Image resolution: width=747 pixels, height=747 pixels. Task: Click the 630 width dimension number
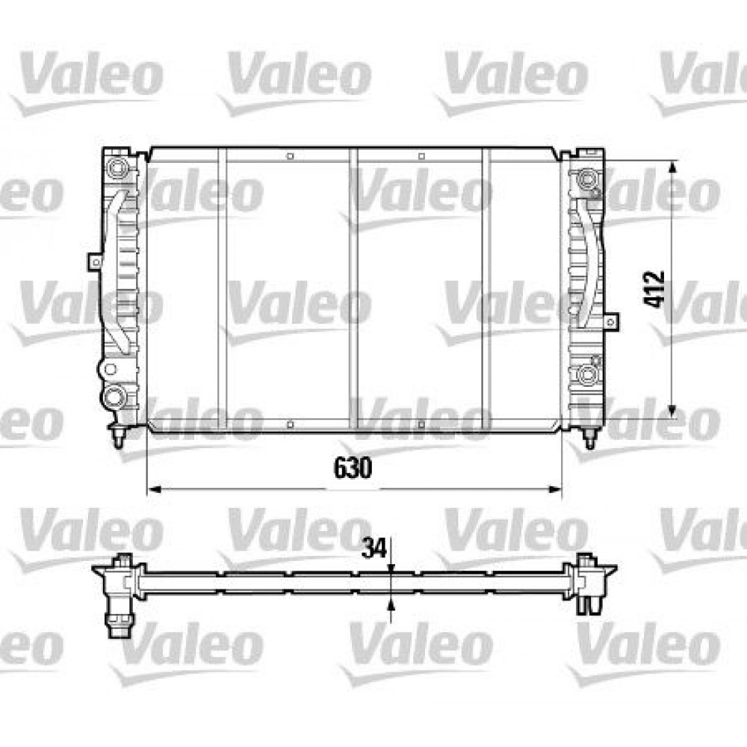pyautogui.click(x=352, y=468)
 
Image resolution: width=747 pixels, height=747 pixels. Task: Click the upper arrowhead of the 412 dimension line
pyautogui.click(x=674, y=170)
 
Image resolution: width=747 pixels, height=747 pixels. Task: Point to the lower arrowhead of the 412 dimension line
pyautogui.click(x=674, y=409)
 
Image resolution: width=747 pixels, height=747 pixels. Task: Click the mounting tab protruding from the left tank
pyautogui.click(x=94, y=262)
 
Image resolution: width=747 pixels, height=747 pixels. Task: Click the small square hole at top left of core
pyautogui.click(x=289, y=157)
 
